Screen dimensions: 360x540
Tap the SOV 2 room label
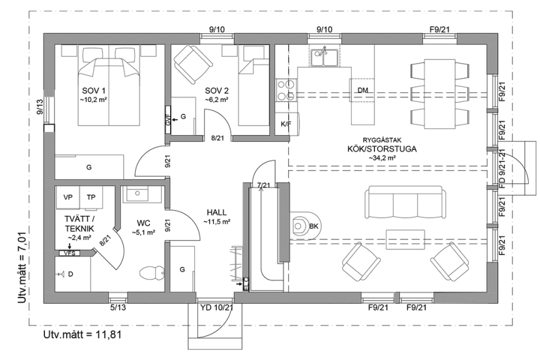pyautogui.click(x=214, y=90)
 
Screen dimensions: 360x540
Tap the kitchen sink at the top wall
pyautogui.click(x=324, y=57)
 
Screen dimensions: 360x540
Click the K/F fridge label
pyautogui.click(x=286, y=124)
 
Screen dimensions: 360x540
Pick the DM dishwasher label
pyautogui.click(x=362, y=91)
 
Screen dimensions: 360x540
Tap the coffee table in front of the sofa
pyautogui.click(x=407, y=238)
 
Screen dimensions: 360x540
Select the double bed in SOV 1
pyautogui.click(x=110, y=87)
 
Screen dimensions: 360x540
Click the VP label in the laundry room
pyautogui.click(x=68, y=197)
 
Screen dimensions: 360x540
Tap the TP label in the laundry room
pyautogui.click(x=91, y=197)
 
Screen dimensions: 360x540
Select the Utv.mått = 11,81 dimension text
pyautogui.click(x=82, y=335)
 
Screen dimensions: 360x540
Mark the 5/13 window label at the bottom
pyautogui.click(x=118, y=307)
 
